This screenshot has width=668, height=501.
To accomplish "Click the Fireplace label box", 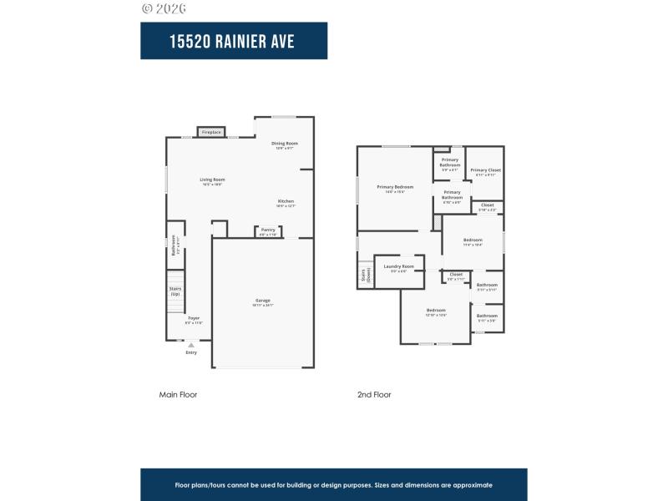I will tap(211, 132).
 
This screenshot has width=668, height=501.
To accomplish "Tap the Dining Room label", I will tap(284, 144).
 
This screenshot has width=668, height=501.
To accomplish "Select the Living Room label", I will tap(212, 180).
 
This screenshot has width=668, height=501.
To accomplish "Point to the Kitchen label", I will tap(286, 201).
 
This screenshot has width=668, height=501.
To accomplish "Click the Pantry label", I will tap(267, 230).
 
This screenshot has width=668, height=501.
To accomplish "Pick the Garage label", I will tap(263, 301).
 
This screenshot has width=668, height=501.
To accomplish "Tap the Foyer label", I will tap(194, 318).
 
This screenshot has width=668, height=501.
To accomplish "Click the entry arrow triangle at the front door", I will tap(191, 344).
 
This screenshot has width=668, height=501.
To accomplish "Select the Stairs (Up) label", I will tap(175, 291).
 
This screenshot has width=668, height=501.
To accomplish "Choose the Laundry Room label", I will tap(398, 266).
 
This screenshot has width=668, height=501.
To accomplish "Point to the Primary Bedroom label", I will tap(395, 187).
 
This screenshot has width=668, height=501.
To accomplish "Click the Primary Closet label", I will tap(485, 170).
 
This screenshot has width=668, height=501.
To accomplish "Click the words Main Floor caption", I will tap(178, 394).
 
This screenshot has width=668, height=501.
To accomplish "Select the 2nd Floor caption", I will tap(374, 394).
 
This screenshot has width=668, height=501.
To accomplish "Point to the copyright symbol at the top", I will tap(147, 8).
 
